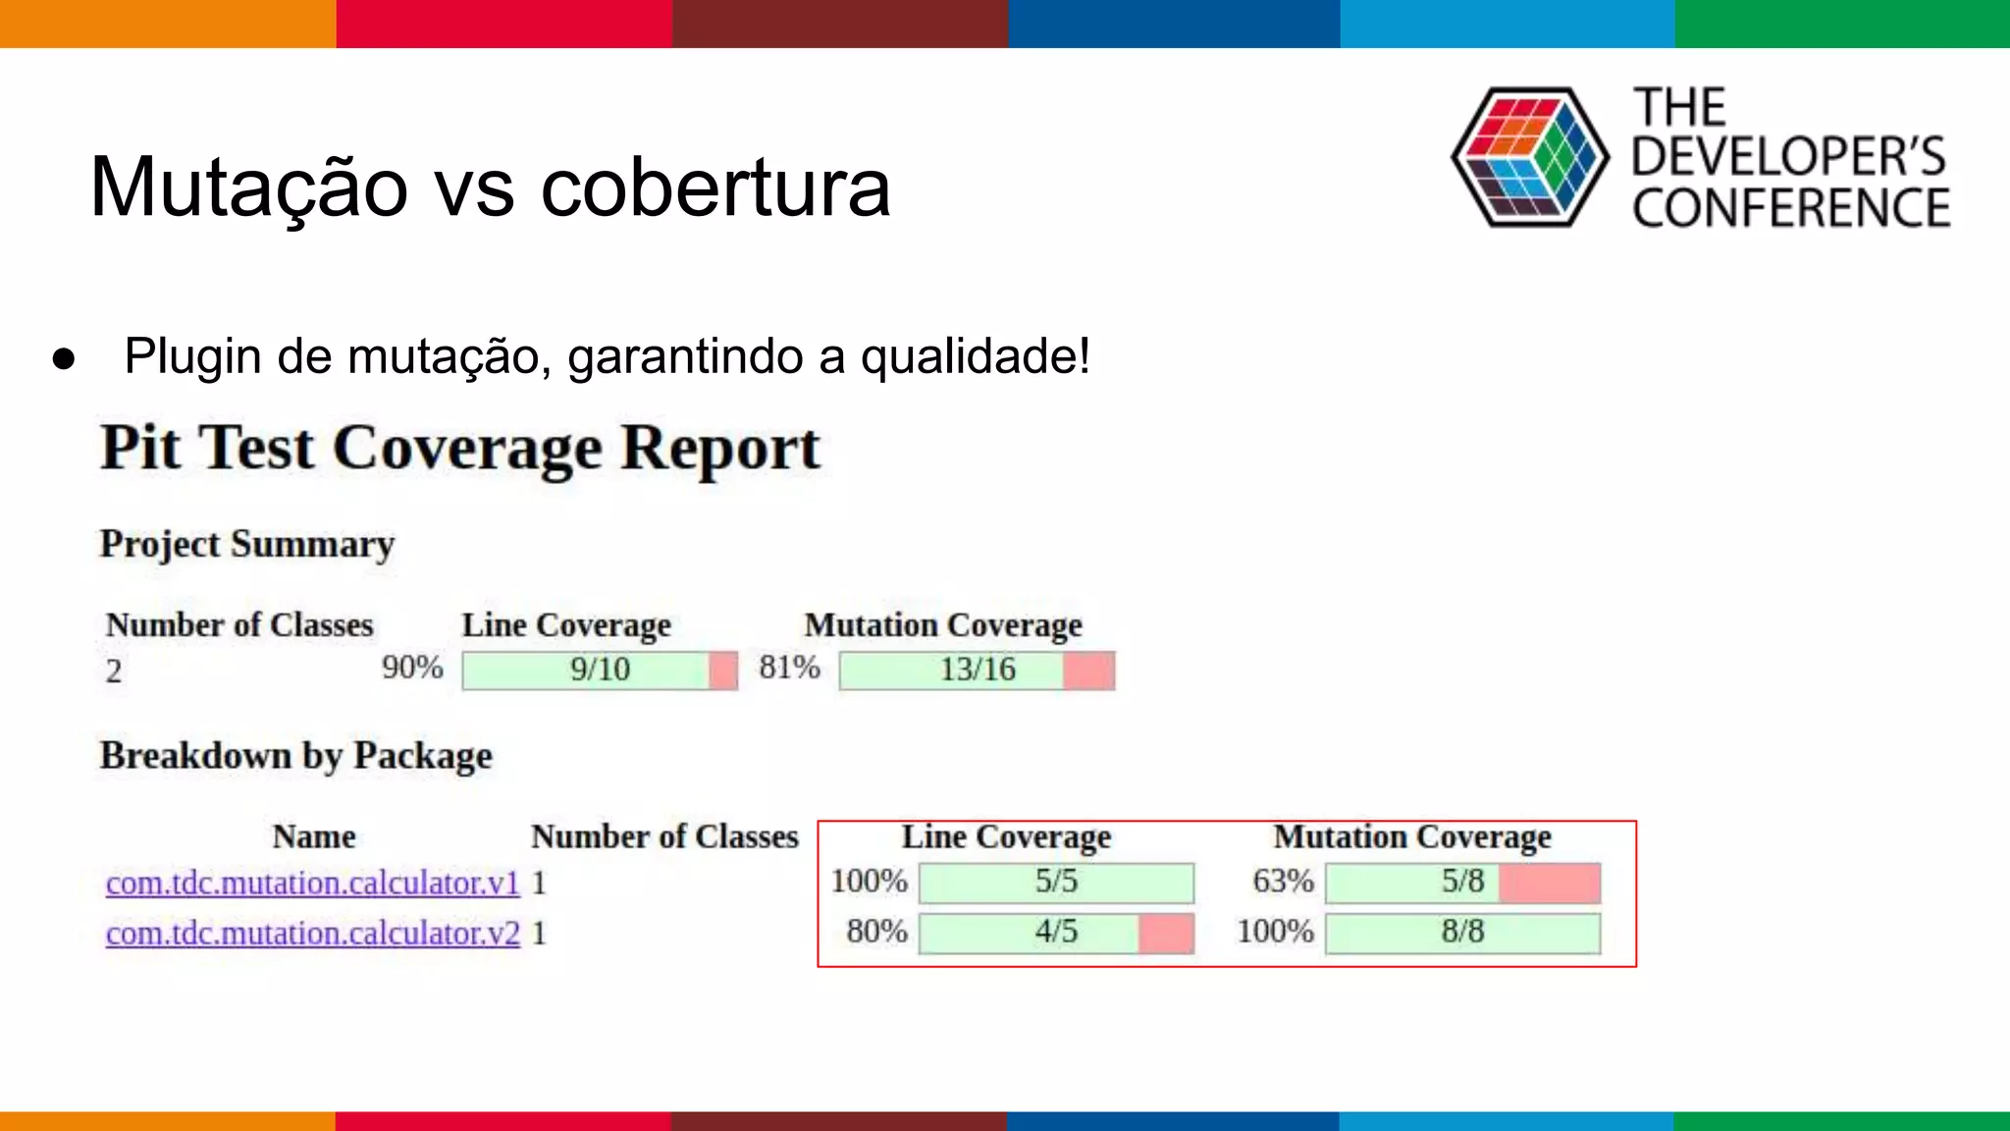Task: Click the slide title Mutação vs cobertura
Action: pos(490,187)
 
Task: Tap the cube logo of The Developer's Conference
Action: pos(1530,157)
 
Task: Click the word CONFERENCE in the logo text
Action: pos(1791,208)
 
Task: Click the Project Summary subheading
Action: pos(247,544)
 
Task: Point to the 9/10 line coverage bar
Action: pos(600,670)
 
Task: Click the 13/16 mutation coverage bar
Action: pos(977,670)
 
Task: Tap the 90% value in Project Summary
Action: pos(412,668)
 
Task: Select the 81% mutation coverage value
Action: pos(789,668)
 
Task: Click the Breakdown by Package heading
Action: pos(295,756)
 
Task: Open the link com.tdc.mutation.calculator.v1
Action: pos(312,883)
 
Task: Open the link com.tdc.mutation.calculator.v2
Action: pos(312,933)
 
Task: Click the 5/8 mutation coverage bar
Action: pos(1462,882)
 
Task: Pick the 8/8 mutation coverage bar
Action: pos(1462,932)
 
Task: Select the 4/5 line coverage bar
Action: pos(1056,932)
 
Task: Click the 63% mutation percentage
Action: pos(1283,881)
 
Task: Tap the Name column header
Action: pos(314,836)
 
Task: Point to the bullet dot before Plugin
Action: pos(64,358)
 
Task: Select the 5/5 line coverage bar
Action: pos(1056,882)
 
